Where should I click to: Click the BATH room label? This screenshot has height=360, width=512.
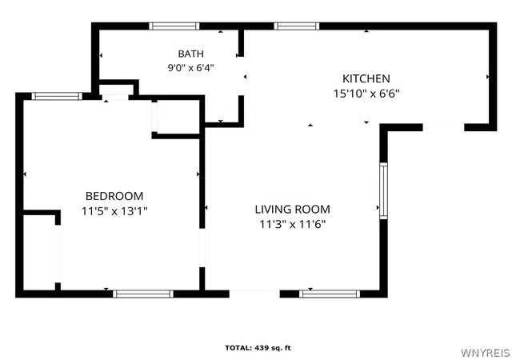[190, 54]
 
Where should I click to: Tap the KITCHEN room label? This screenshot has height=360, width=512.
[366, 78]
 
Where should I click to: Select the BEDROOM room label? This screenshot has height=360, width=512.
[114, 196]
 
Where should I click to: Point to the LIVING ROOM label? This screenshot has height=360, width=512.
[292, 209]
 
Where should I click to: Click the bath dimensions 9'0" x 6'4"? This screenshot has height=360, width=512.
[190, 68]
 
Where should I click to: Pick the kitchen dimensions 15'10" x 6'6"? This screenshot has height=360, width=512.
[366, 94]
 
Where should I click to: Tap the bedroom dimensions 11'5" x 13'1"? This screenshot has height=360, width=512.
[114, 211]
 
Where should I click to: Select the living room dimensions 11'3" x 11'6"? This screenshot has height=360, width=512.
[293, 225]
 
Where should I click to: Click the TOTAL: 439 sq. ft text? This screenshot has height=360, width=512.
[258, 348]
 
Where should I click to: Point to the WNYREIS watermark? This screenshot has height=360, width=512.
[486, 353]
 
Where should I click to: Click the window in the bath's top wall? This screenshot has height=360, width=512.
[174, 26]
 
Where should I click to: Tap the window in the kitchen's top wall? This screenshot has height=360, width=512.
[297, 26]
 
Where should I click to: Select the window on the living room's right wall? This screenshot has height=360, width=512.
[383, 190]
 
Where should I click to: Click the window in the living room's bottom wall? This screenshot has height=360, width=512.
[330, 294]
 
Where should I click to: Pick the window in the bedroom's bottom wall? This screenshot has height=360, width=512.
[143, 294]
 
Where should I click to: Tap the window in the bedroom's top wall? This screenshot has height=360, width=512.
[57, 96]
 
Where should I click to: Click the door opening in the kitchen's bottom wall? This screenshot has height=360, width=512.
[444, 127]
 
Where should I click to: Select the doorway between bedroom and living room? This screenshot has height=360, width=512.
[202, 248]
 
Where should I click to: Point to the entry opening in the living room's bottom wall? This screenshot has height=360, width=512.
[254, 294]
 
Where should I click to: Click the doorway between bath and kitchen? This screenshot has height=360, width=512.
[241, 76]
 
